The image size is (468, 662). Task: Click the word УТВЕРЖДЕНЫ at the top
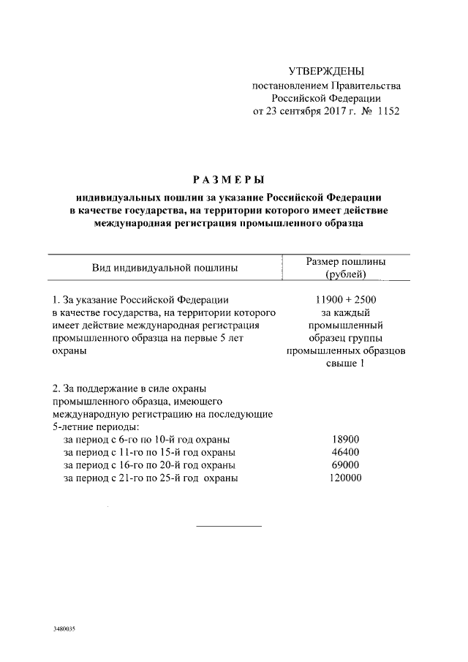tap(326, 71)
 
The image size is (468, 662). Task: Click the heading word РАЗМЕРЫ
tap(228, 179)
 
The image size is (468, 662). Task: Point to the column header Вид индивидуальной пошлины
tap(165, 268)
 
